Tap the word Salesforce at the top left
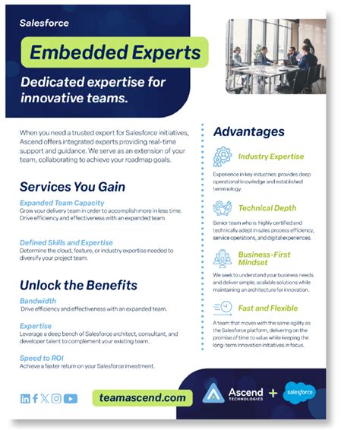[x=45, y=23]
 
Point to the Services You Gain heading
[x=72, y=186]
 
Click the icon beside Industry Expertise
[x=223, y=157]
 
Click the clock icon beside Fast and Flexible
[x=223, y=308]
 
